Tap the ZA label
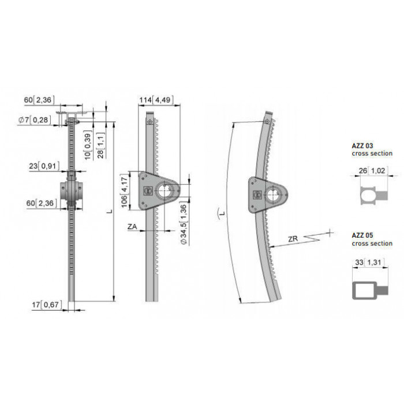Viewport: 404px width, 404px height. coord(132,227)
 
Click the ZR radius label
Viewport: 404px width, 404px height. coord(293,239)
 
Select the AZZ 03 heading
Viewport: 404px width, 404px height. coord(362,146)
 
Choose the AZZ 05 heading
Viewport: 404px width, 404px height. coord(362,235)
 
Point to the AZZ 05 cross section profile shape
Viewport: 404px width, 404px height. coord(370,291)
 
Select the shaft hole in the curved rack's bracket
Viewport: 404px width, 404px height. coord(273,196)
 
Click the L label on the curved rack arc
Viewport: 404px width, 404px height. coord(221,214)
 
